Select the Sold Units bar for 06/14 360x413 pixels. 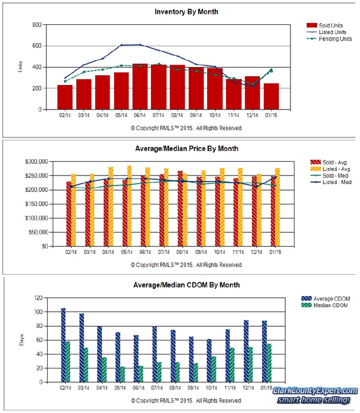(140, 87)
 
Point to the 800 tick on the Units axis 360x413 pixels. (37, 25)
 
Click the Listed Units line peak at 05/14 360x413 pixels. (122, 45)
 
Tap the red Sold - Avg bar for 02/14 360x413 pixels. (69, 214)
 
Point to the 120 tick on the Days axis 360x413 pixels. (38, 298)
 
